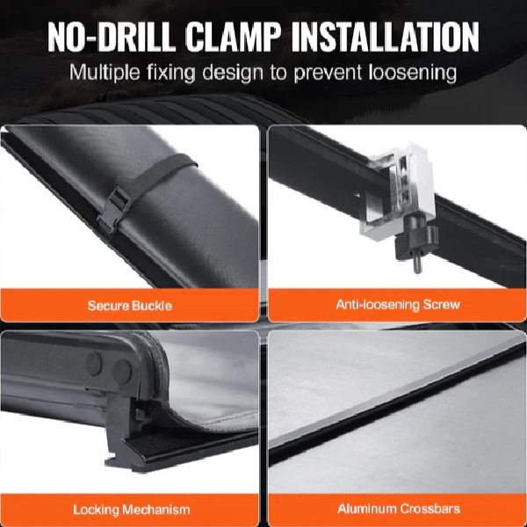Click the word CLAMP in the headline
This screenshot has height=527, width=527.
233,37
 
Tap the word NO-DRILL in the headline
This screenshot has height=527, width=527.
112,37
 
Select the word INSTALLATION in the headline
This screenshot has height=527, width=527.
386,37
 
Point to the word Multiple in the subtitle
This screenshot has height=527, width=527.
105,73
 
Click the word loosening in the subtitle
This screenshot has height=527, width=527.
413,73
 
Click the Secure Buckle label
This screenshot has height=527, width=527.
130,306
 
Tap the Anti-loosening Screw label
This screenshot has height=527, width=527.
398,305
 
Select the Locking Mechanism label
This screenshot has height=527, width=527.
132,509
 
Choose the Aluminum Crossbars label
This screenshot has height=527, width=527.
399,509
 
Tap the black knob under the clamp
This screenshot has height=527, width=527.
416,239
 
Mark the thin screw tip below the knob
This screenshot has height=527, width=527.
416,264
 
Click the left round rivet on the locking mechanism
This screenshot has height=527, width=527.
94,364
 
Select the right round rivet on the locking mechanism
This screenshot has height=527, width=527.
122,372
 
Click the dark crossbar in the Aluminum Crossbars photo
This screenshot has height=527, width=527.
397,403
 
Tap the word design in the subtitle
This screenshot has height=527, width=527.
233,73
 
